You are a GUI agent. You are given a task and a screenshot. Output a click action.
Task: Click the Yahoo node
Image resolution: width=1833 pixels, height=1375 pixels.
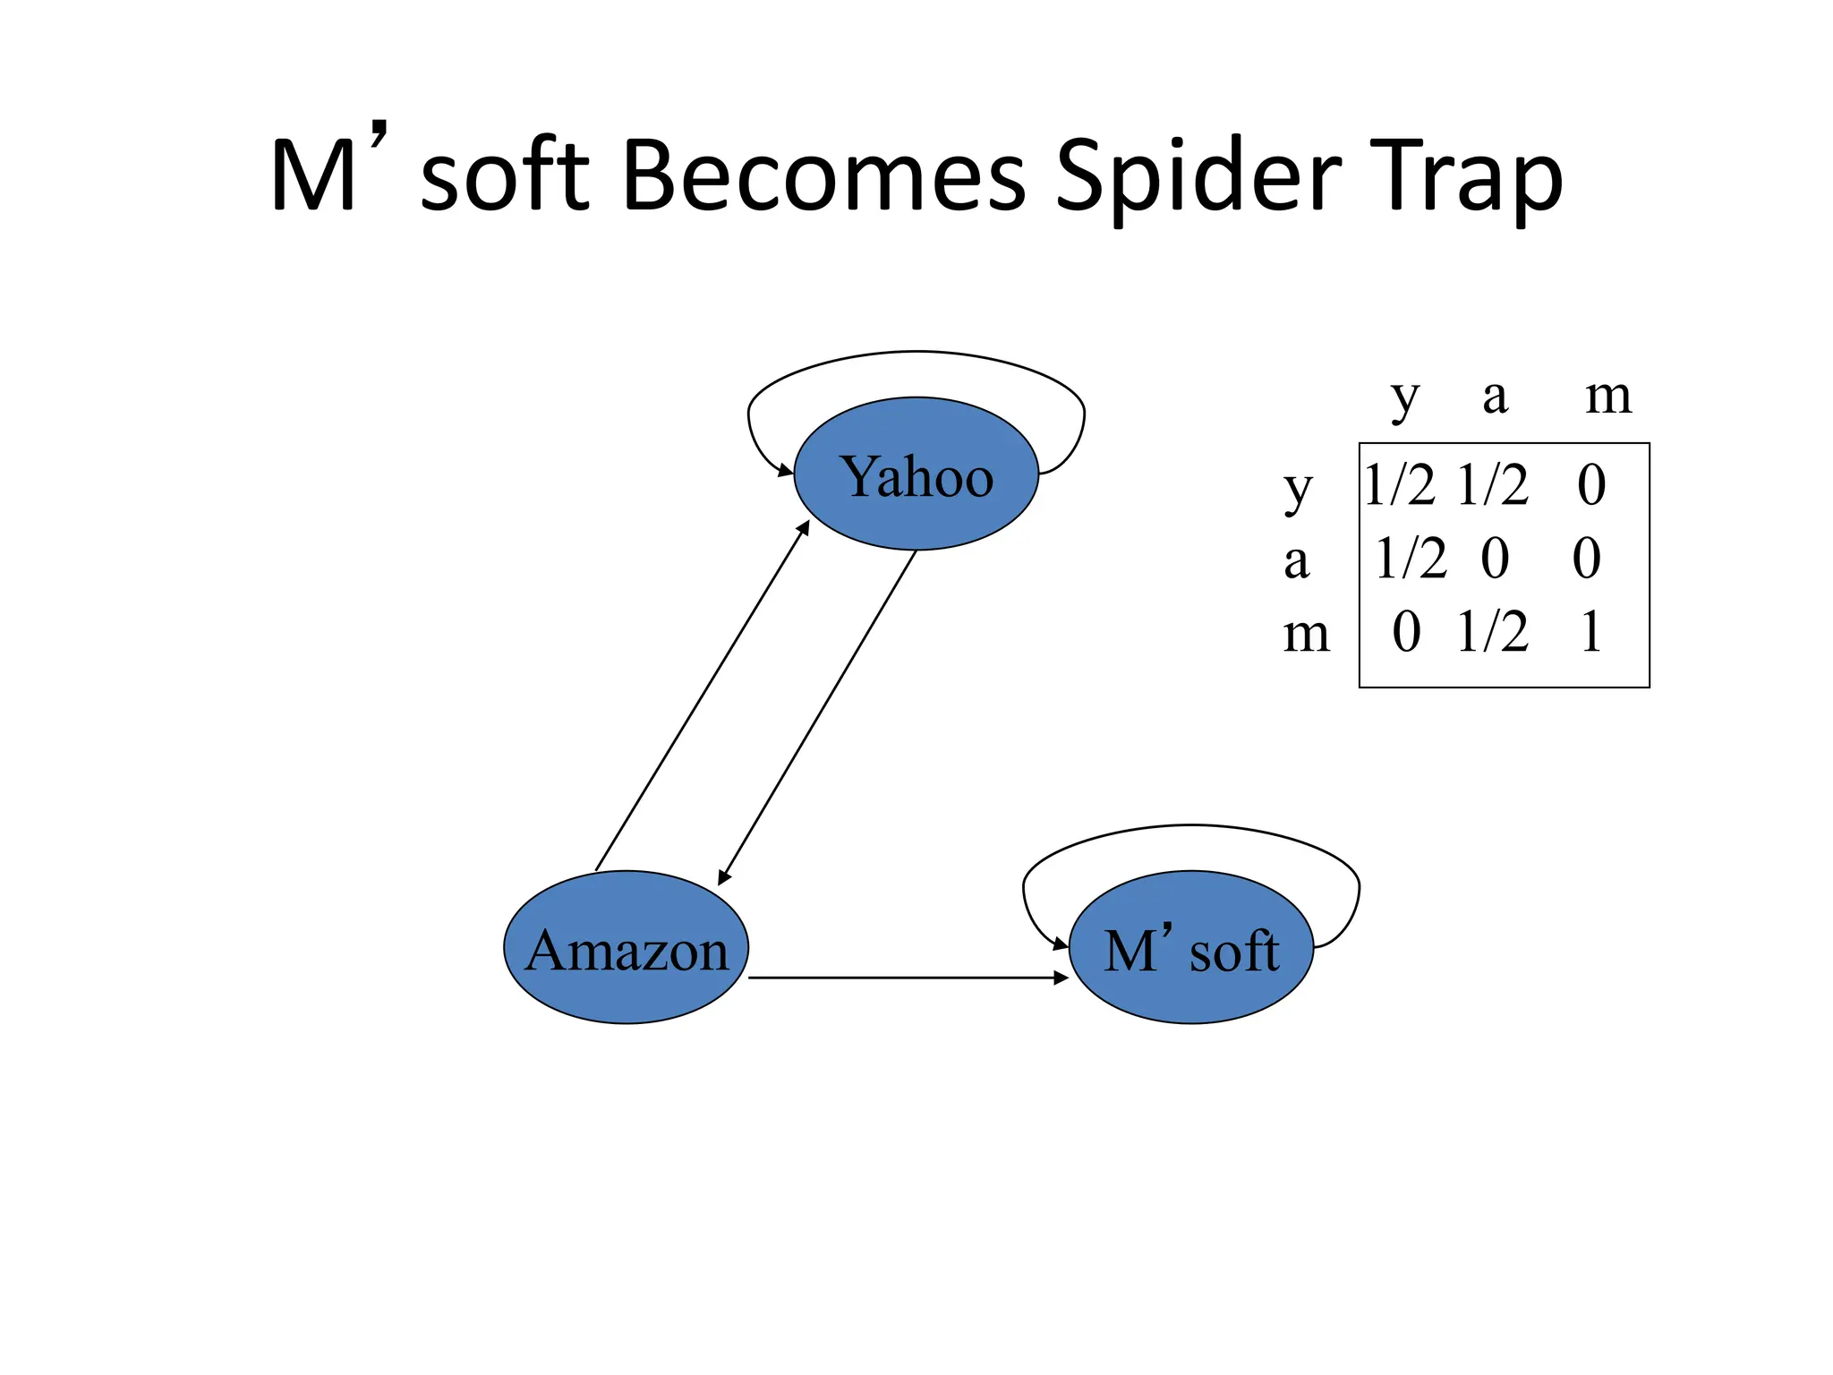click(916, 474)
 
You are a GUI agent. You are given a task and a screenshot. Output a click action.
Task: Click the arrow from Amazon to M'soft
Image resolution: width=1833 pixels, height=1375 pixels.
click(908, 978)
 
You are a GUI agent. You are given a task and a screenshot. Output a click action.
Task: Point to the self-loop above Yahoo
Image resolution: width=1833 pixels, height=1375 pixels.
click(916, 353)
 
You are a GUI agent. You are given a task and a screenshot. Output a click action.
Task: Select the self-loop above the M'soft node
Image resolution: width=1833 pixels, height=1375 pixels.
click(1191, 826)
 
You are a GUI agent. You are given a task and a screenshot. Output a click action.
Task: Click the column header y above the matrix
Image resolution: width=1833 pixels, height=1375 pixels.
click(1405, 397)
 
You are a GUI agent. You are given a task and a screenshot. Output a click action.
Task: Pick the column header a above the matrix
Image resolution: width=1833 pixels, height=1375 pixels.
click(1495, 397)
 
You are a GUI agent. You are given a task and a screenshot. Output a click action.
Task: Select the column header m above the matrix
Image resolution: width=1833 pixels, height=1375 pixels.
click(1608, 397)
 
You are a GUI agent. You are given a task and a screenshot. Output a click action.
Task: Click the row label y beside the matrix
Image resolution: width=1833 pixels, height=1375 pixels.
click(1298, 490)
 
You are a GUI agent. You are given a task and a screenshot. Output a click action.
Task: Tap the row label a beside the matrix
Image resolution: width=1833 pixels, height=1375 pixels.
click(1297, 561)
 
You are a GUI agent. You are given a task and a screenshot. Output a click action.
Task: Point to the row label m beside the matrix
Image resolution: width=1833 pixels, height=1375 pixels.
click(1306, 634)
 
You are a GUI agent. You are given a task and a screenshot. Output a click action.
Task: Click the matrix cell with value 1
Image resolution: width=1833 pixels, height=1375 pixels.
click(1590, 632)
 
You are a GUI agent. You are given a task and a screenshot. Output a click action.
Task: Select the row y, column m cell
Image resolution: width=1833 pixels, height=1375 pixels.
click(1591, 485)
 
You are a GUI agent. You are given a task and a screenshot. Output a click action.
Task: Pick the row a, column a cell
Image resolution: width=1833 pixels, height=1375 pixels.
click(1495, 559)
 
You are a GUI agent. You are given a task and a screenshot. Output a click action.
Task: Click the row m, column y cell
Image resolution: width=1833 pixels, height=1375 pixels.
click(1406, 632)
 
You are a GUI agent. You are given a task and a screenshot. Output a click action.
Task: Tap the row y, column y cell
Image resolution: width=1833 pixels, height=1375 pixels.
click(1400, 485)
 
